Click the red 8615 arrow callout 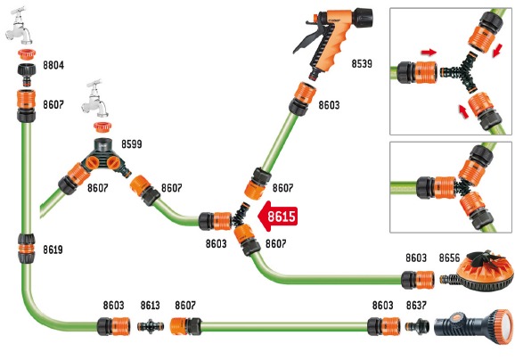[x=278, y=217]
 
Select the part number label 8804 [x=53, y=65]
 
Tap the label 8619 [x=53, y=250]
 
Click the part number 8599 [x=132, y=143]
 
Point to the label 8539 [x=362, y=64]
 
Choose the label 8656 [x=449, y=258]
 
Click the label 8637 [x=416, y=305]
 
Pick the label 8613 [x=150, y=305]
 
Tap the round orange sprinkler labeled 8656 [x=480, y=272]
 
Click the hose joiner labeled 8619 [x=26, y=249]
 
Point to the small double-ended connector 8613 [x=151, y=326]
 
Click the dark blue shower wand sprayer [x=473, y=323]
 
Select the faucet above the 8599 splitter [x=96, y=99]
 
